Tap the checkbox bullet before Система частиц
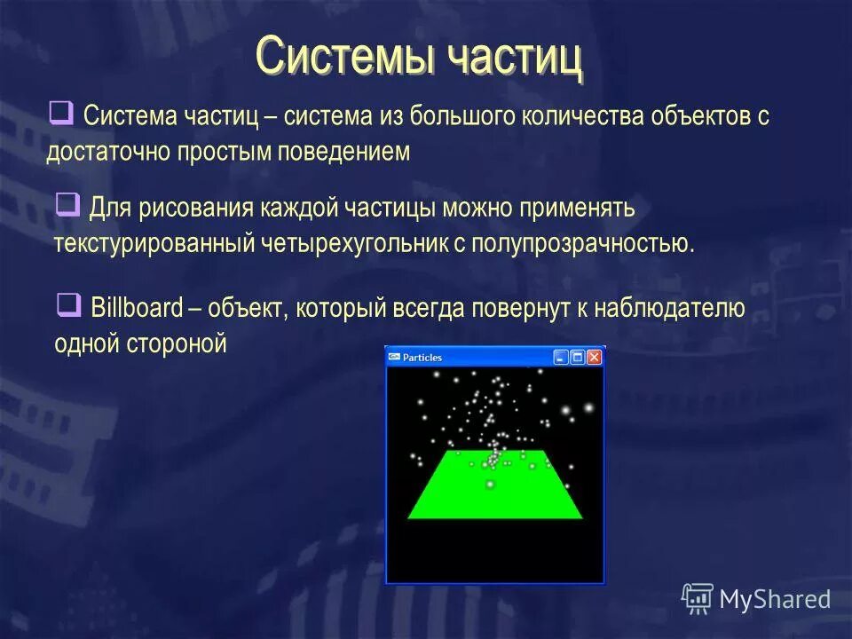[61, 113]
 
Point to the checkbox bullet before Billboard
[68, 305]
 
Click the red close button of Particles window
[594, 357]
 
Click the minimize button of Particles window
[560, 357]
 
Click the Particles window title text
[422, 358]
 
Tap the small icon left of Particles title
[394, 357]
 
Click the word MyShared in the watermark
[774, 599]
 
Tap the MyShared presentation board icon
[698, 598]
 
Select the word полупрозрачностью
[582, 243]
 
